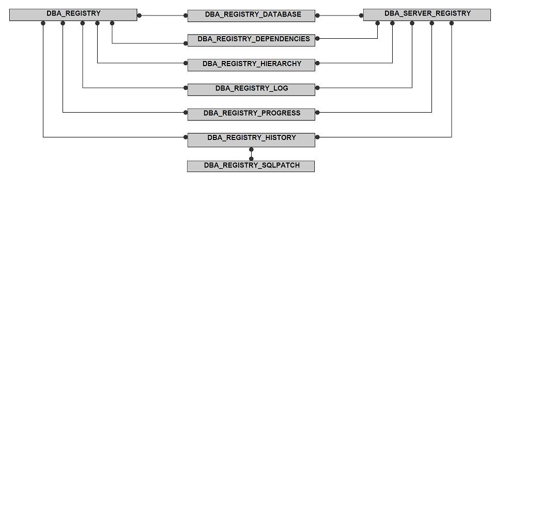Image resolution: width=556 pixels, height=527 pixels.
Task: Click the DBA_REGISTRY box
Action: pyautogui.click(x=73, y=15)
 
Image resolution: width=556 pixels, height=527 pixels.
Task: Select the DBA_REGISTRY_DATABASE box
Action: pyautogui.click(x=251, y=16)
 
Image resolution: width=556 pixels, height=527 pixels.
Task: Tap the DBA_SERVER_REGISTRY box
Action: pyautogui.click(x=427, y=15)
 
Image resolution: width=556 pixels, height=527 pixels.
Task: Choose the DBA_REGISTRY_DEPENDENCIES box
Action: pyautogui.click(x=251, y=40)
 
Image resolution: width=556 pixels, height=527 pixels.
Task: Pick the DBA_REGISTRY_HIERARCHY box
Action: pyautogui.click(x=251, y=65)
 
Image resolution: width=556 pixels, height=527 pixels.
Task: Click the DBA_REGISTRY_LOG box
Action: pyautogui.click(x=251, y=90)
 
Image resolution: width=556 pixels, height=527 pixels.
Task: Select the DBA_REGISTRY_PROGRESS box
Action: pyautogui.click(x=251, y=115)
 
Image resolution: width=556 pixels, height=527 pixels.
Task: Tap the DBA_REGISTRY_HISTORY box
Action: pyautogui.click(x=251, y=140)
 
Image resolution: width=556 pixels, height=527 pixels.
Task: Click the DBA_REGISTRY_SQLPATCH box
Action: pyautogui.click(x=251, y=166)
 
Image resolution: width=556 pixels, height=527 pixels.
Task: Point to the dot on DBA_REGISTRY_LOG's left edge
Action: pyautogui.click(x=186, y=88)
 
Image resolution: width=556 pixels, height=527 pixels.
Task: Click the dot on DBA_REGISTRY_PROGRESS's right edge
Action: pyautogui.click(x=317, y=113)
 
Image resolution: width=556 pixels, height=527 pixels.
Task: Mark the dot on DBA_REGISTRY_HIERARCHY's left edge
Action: pyautogui.click(x=186, y=63)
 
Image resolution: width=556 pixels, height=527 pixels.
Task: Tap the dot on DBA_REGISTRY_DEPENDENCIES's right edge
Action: pyautogui.click(x=317, y=38)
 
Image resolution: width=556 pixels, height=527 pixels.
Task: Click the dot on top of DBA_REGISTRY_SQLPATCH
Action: pyautogui.click(x=252, y=159)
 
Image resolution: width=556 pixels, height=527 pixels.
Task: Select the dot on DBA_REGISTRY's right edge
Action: pyautogui.click(x=140, y=16)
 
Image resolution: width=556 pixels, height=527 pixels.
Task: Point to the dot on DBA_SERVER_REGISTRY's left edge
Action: pyautogui.click(x=361, y=16)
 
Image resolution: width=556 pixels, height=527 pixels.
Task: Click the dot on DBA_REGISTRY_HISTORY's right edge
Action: pyautogui.click(x=317, y=137)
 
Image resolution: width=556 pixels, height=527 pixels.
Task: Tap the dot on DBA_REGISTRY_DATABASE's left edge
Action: pyautogui.click(x=186, y=16)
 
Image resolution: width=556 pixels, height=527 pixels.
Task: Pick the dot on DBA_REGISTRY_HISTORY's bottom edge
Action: pyautogui.click(x=252, y=149)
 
